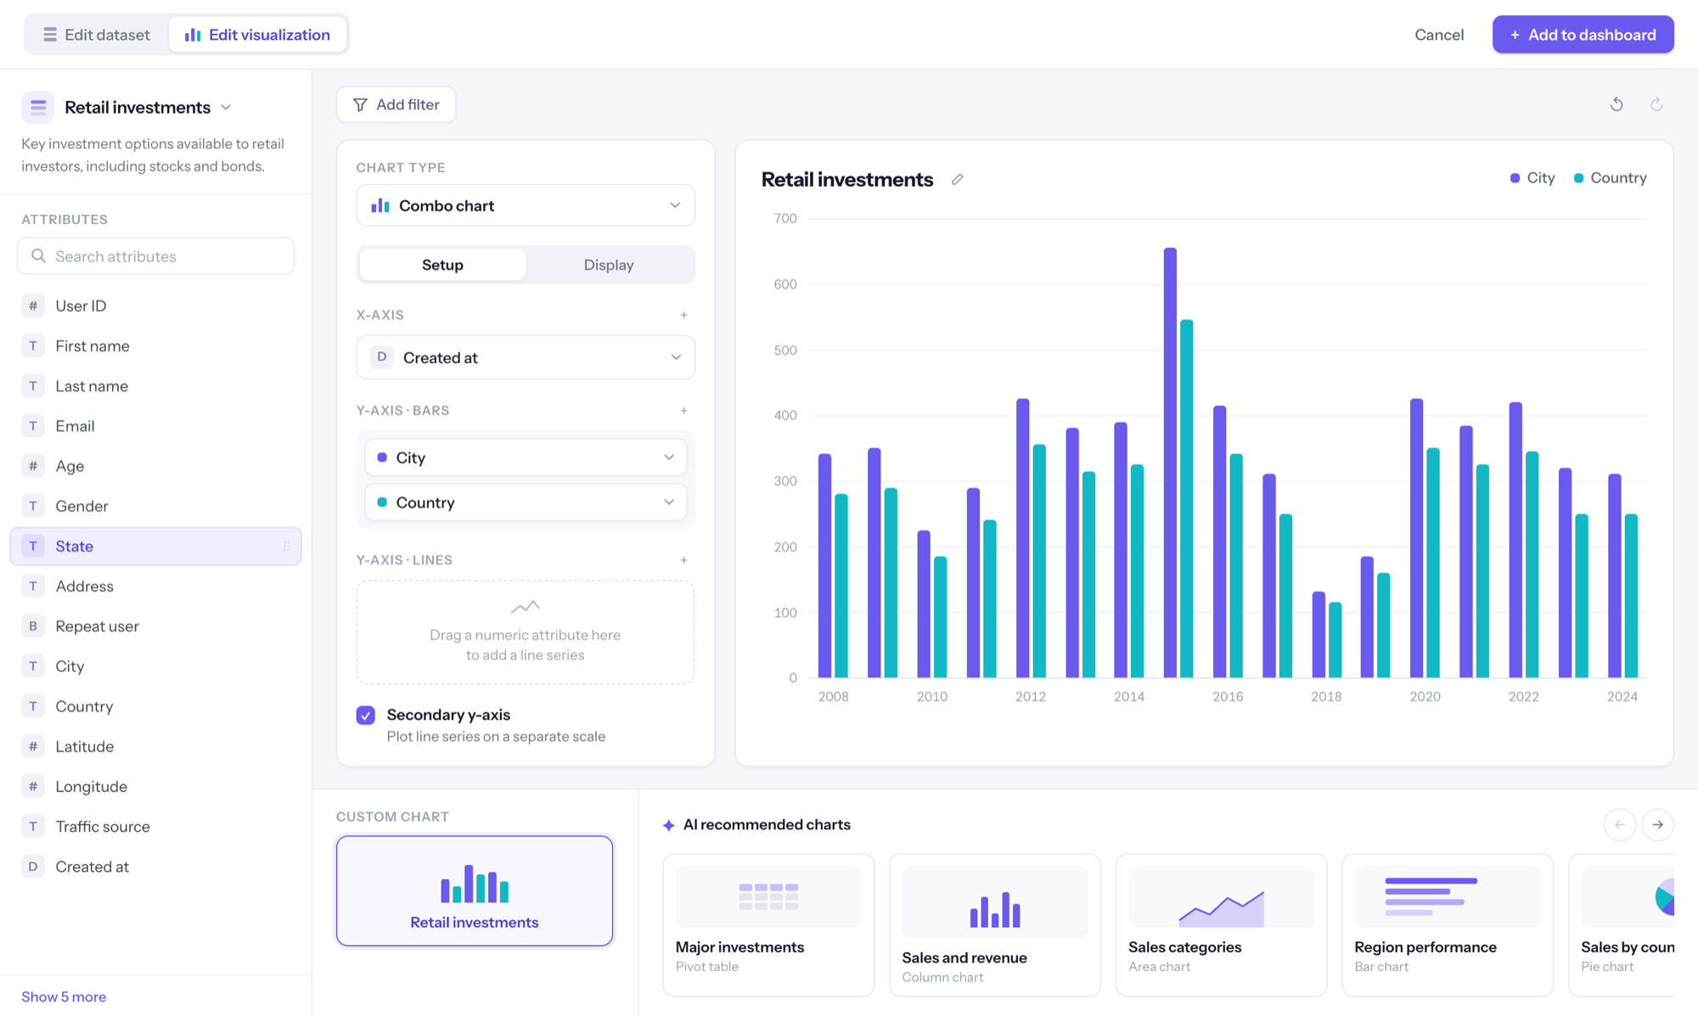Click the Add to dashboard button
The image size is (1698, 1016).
pyautogui.click(x=1583, y=35)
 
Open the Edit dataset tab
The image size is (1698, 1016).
pyautogui.click(x=97, y=35)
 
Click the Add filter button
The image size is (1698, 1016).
pyautogui.click(x=396, y=104)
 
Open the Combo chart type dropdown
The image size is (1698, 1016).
pyautogui.click(x=526, y=205)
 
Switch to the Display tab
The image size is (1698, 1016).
pyautogui.click(x=609, y=265)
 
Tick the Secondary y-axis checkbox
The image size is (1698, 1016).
pyautogui.click(x=366, y=716)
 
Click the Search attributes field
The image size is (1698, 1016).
pyautogui.click(x=156, y=256)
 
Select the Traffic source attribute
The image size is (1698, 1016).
pyautogui.click(x=103, y=827)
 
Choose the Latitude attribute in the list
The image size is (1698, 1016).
pyautogui.click(x=85, y=747)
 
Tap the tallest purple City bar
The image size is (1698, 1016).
pyautogui.click(x=1170, y=463)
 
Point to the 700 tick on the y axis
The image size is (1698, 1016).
pyautogui.click(x=785, y=219)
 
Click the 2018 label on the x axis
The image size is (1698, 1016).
pyautogui.click(x=1326, y=697)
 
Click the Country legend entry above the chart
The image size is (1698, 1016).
pyautogui.click(x=1610, y=178)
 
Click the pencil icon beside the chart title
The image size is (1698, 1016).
pyautogui.click(x=958, y=179)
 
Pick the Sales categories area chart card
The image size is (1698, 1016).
pyautogui.click(x=1221, y=924)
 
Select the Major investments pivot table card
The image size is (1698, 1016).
pyautogui.click(x=768, y=924)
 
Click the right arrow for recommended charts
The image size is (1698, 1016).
pyautogui.click(x=1657, y=825)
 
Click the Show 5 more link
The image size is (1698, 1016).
pyautogui.click(x=64, y=996)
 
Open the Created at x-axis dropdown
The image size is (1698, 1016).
pyautogui.click(x=526, y=357)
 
